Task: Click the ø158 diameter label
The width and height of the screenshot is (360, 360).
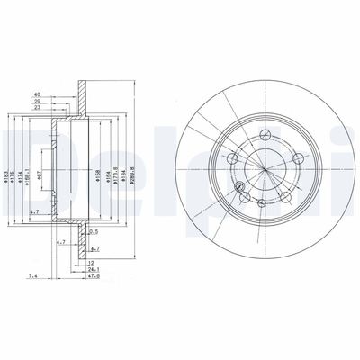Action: pos(98,164)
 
